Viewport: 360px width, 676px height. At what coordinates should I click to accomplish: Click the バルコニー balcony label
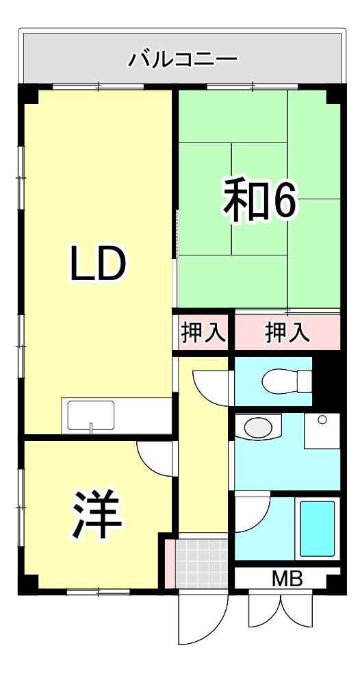click(183, 59)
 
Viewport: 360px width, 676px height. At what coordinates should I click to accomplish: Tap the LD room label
click(98, 264)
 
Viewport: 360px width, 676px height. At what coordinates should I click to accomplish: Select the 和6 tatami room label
click(259, 199)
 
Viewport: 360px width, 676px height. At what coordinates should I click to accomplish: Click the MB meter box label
click(287, 579)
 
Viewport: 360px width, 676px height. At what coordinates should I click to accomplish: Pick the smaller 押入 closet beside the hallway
click(203, 333)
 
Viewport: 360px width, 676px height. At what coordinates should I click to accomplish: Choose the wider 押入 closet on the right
click(287, 333)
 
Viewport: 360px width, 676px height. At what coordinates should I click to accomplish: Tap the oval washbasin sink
click(258, 428)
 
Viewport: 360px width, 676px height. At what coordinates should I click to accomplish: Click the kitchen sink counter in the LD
click(90, 415)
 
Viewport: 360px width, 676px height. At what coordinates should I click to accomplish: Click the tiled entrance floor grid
click(201, 563)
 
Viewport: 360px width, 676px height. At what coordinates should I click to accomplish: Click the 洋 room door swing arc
click(155, 458)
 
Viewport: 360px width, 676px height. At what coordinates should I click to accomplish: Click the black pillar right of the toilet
click(326, 380)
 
